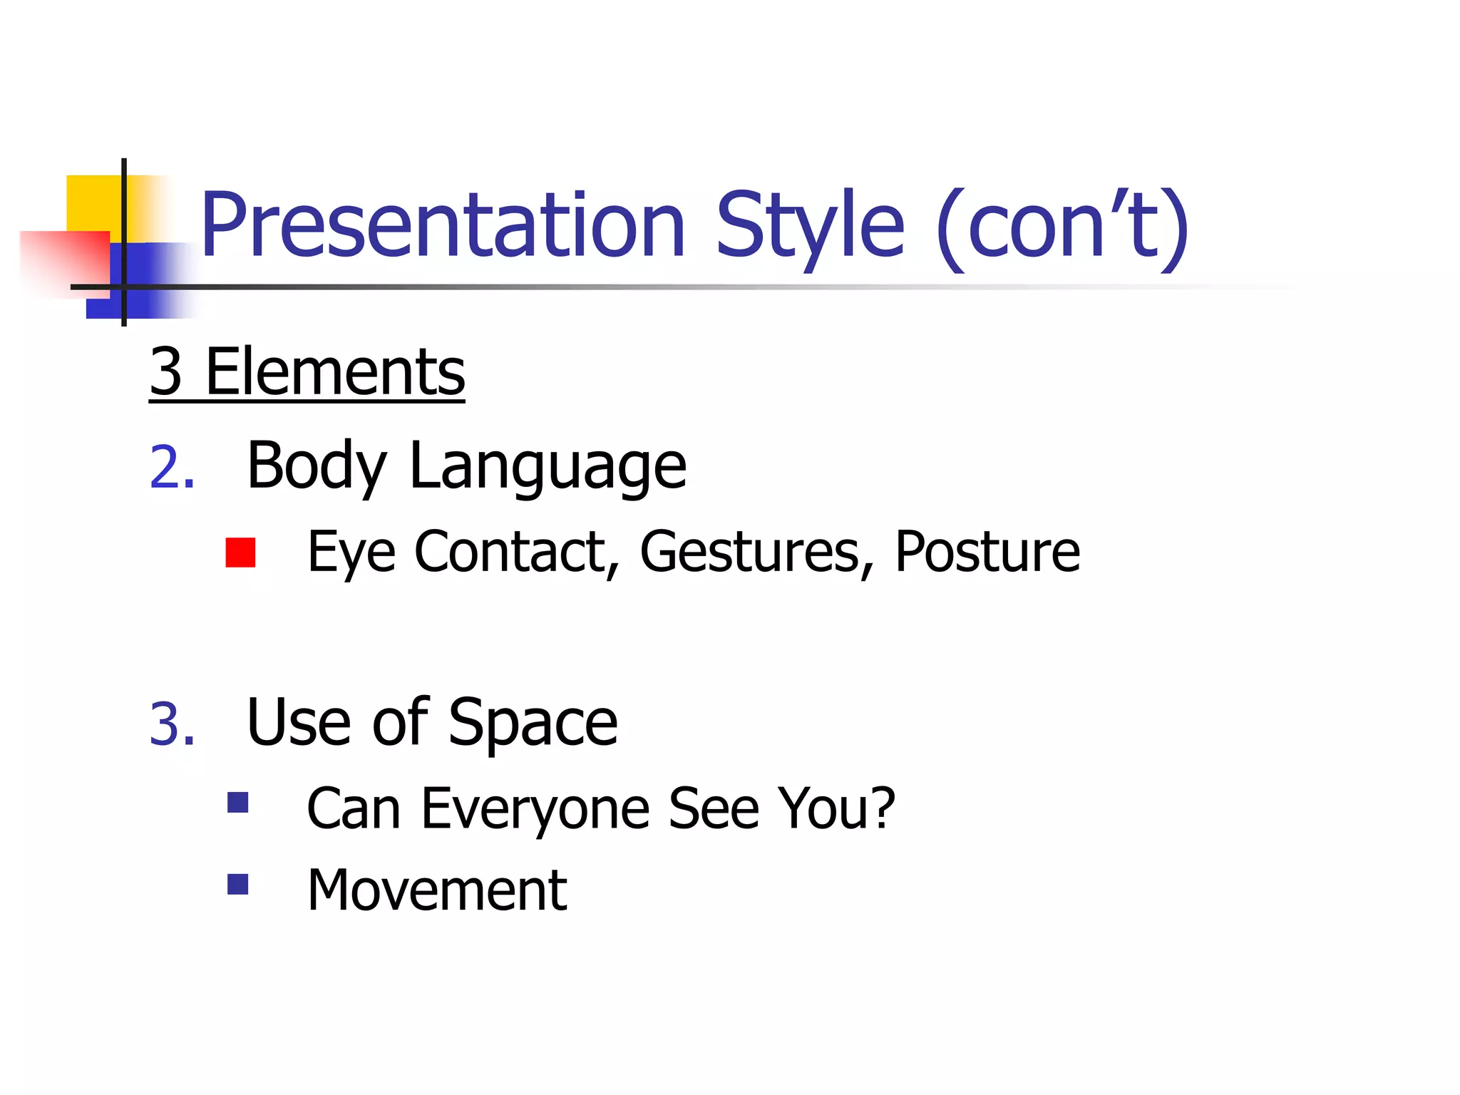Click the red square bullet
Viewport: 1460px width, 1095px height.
click(x=240, y=552)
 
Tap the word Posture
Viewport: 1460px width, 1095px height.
click(x=987, y=552)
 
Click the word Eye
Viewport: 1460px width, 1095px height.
click(x=351, y=552)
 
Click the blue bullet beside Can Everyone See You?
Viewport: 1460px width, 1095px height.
click(x=237, y=803)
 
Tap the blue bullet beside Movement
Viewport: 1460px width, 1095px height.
click(x=237, y=884)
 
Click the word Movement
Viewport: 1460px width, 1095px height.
click(x=437, y=890)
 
